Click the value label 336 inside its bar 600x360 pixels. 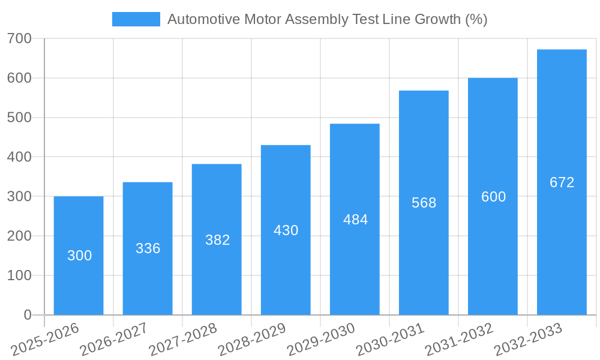pos(148,248)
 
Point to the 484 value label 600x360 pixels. pos(355,220)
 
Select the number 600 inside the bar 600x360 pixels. pos(493,197)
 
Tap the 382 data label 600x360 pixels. pos(217,240)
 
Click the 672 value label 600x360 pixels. pos(562,182)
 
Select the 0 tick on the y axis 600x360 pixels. pos(27,315)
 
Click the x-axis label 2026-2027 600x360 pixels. pos(113,338)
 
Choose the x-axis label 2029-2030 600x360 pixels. pos(320,338)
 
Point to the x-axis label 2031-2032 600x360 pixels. pos(458,338)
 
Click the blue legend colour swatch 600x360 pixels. pos(136,19)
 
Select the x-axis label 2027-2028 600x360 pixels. pos(182,338)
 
